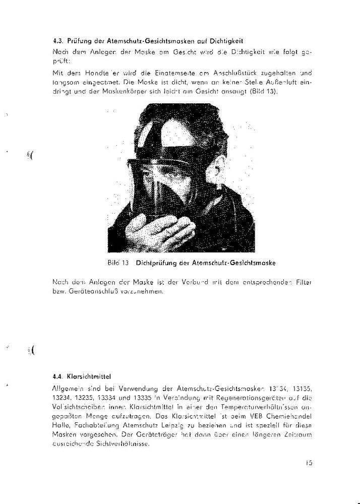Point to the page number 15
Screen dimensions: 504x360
click(x=309, y=464)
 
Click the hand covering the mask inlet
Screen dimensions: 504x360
click(x=160, y=234)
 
